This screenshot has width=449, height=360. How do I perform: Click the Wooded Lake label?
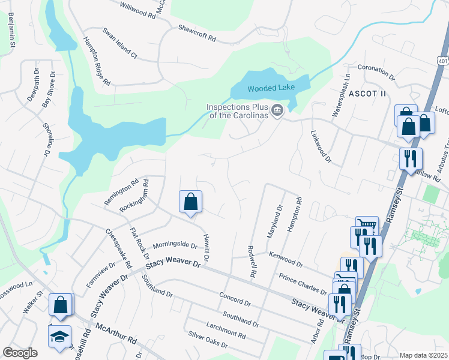click(x=271, y=88)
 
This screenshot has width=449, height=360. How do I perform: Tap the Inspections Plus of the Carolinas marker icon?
click(x=277, y=110)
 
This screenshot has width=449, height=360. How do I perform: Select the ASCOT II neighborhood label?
click(x=368, y=94)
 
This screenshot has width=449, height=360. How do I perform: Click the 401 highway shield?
click(x=442, y=61)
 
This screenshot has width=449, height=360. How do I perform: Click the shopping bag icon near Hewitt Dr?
click(x=190, y=203)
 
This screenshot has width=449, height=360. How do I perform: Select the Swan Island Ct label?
click(x=119, y=43)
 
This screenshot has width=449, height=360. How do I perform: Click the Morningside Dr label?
click(x=175, y=245)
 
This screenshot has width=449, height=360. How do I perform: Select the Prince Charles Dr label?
click(x=302, y=283)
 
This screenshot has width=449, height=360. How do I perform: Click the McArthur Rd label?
click(x=116, y=336)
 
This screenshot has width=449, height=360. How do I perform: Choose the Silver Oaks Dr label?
click(x=208, y=340)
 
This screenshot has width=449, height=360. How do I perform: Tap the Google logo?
click(x=20, y=353)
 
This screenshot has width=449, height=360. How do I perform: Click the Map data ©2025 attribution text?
click(x=423, y=355)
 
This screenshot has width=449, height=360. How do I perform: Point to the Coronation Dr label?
click(x=376, y=73)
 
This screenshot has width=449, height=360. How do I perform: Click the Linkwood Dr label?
click(x=321, y=147)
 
